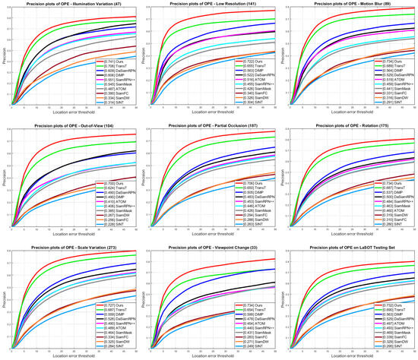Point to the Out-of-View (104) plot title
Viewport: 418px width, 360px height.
[x=71, y=123]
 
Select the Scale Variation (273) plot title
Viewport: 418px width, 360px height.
[x=71, y=243]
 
